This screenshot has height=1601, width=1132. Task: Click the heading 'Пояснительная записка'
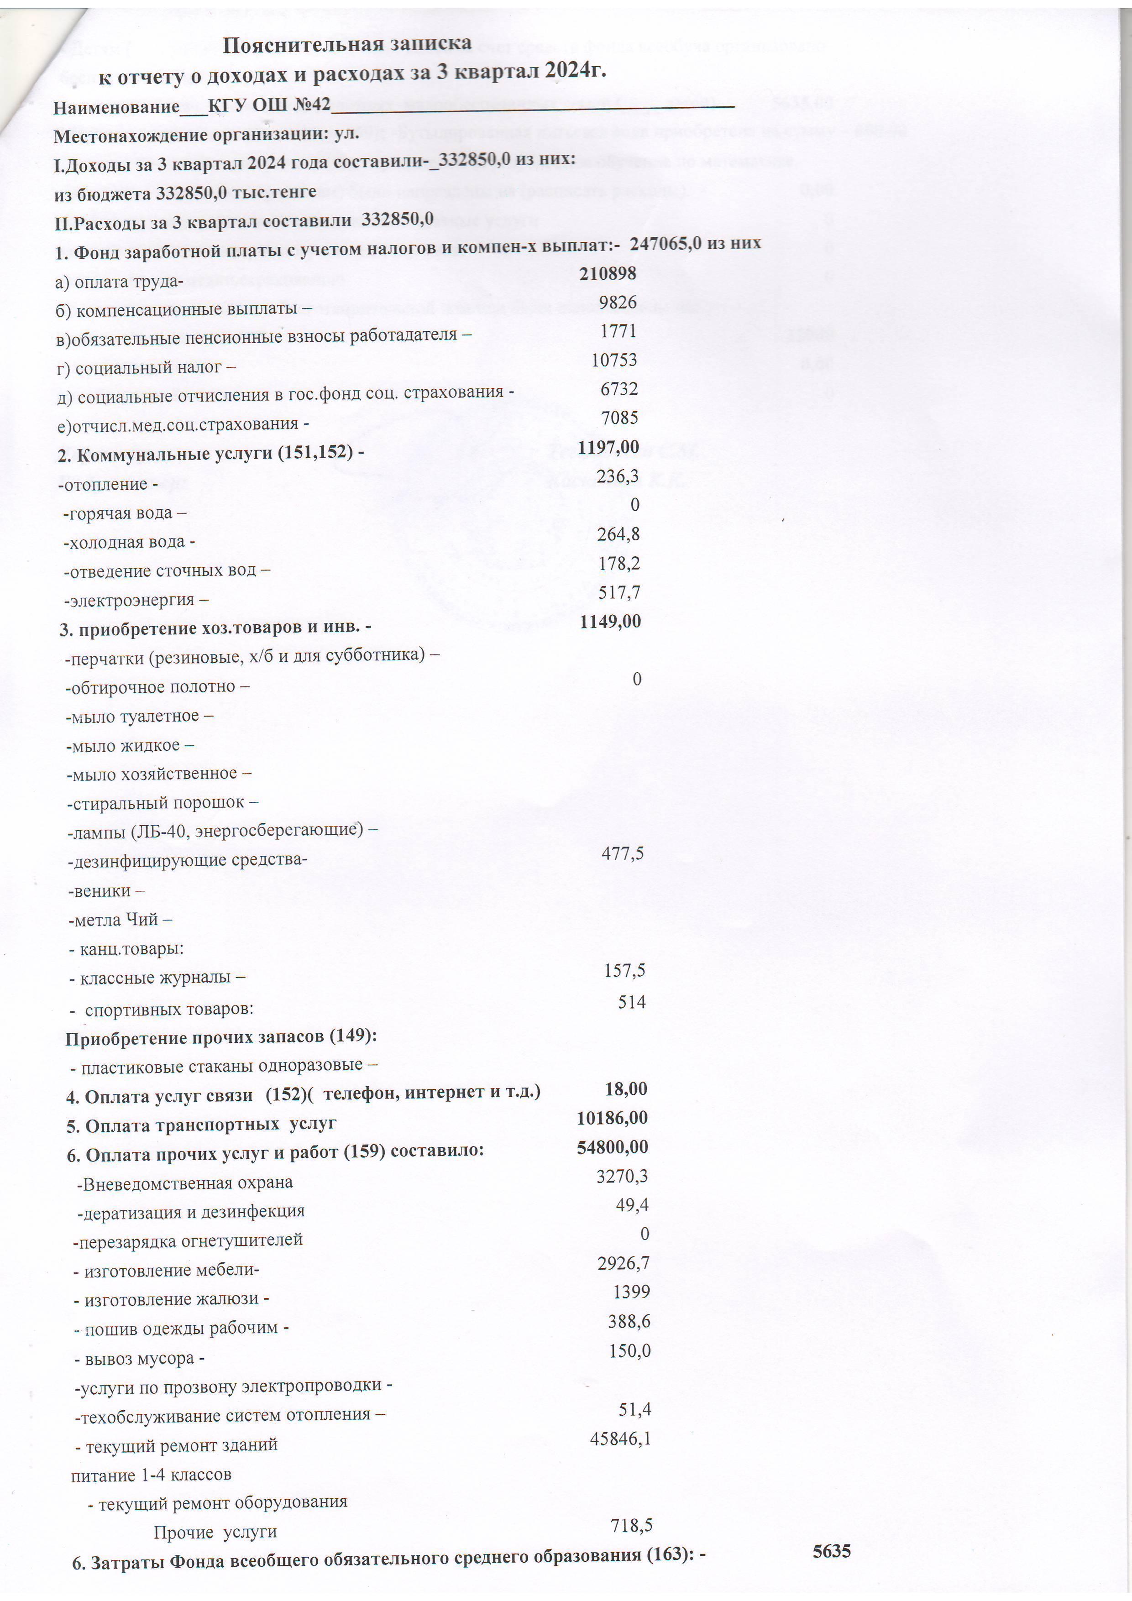(346, 44)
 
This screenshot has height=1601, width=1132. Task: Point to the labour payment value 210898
(608, 273)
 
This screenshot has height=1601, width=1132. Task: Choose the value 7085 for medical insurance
(619, 418)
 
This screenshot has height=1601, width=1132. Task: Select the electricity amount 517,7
(619, 592)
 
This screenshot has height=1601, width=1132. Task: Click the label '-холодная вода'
(128, 542)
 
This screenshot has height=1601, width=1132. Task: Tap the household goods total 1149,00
(610, 621)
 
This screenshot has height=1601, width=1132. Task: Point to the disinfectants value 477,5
(622, 853)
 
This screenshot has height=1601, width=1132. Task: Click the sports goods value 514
(631, 1002)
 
